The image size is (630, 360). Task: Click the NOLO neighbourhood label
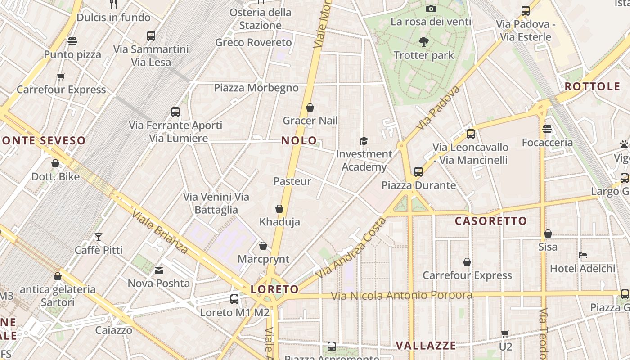299,140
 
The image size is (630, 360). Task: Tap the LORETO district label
274,289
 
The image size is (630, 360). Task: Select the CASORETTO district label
490,221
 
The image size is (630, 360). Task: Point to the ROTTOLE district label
592,86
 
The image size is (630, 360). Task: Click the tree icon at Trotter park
423,42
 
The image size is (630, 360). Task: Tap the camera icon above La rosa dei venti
431,9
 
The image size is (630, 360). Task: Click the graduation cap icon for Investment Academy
364,141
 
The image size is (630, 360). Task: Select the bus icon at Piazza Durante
418,171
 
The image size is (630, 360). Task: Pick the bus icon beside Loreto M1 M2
234,299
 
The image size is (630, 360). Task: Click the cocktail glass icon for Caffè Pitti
99,237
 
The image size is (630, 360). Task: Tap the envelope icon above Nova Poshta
159,270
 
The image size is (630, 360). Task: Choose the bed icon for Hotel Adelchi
583,255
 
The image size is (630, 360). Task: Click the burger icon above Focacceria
547,129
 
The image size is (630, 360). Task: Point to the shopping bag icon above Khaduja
279,209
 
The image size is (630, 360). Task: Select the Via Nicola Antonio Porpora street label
401,296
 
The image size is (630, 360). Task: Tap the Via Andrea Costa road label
351,247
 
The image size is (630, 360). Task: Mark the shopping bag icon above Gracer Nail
310,108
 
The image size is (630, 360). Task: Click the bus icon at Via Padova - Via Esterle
525,11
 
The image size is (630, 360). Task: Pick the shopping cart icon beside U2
505,333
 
